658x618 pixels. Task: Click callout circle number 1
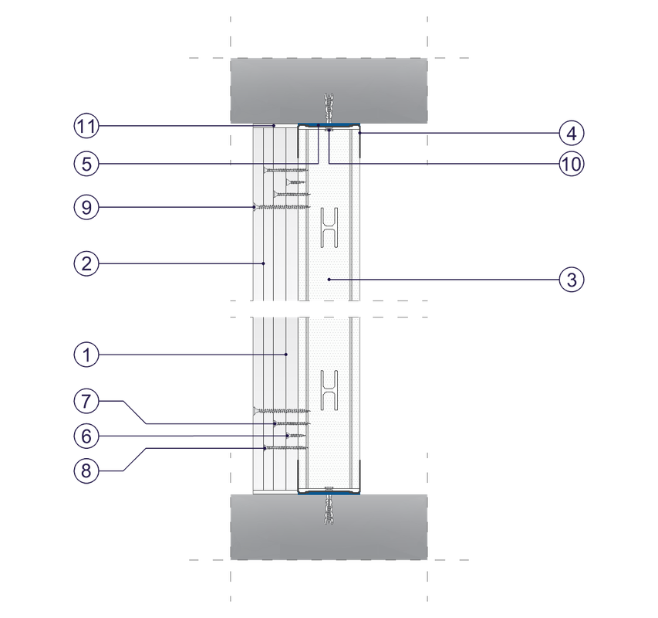click(87, 355)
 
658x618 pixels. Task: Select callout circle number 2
click(87, 263)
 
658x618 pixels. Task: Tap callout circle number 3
click(571, 280)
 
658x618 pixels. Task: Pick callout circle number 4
click(571, 133)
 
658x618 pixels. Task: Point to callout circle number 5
click(87, 164)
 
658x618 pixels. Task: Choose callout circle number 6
click(87, 436)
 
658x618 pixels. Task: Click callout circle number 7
click(87, 401)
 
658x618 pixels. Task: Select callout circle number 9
click(87, 206)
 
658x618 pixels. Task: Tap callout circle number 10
click(571, 164)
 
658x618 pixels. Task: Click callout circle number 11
click(87, 126)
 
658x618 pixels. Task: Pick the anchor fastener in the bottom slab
click(329, 510)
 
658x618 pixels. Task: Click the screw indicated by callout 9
click(282, 207)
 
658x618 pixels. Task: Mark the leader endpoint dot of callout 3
click(329, 279)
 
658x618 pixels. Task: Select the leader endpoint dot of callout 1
click(286, 355)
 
